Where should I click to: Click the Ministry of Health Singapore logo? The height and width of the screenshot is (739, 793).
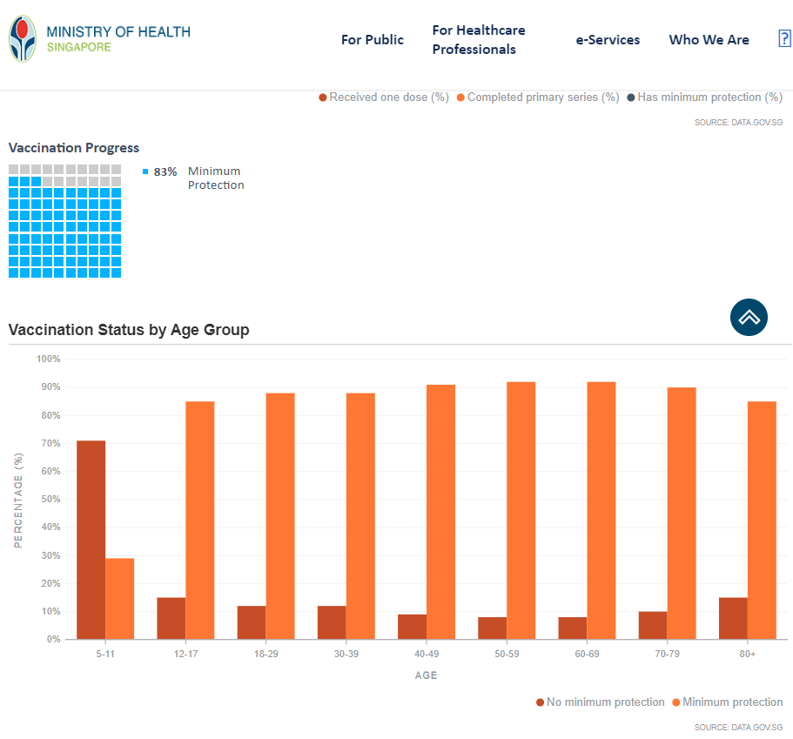tap(99, 39)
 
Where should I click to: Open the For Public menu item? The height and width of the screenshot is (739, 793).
tap(372, 40)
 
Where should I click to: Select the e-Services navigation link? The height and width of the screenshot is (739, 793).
tap(608, 40)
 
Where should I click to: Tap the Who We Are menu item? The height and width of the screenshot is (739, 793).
tap(709, 40)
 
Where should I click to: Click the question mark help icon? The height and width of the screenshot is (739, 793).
tap(783, 39)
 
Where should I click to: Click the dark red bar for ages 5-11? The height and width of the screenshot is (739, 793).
tap(91, 540)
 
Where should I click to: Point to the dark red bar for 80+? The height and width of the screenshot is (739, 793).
tap(733, 618)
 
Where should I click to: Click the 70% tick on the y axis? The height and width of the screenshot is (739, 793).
tap(49, 443)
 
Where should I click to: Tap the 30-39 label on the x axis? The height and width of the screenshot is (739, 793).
tap(346, 654)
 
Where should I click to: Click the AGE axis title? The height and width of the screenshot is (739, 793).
tap(426, 675)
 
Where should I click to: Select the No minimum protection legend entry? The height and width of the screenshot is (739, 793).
tap(600, 702)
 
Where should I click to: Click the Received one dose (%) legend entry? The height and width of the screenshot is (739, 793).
tap(384, 97)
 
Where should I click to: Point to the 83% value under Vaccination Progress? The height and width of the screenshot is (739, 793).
tap(165, 171)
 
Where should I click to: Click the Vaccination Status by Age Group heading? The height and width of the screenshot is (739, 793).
tap(129, 330)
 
